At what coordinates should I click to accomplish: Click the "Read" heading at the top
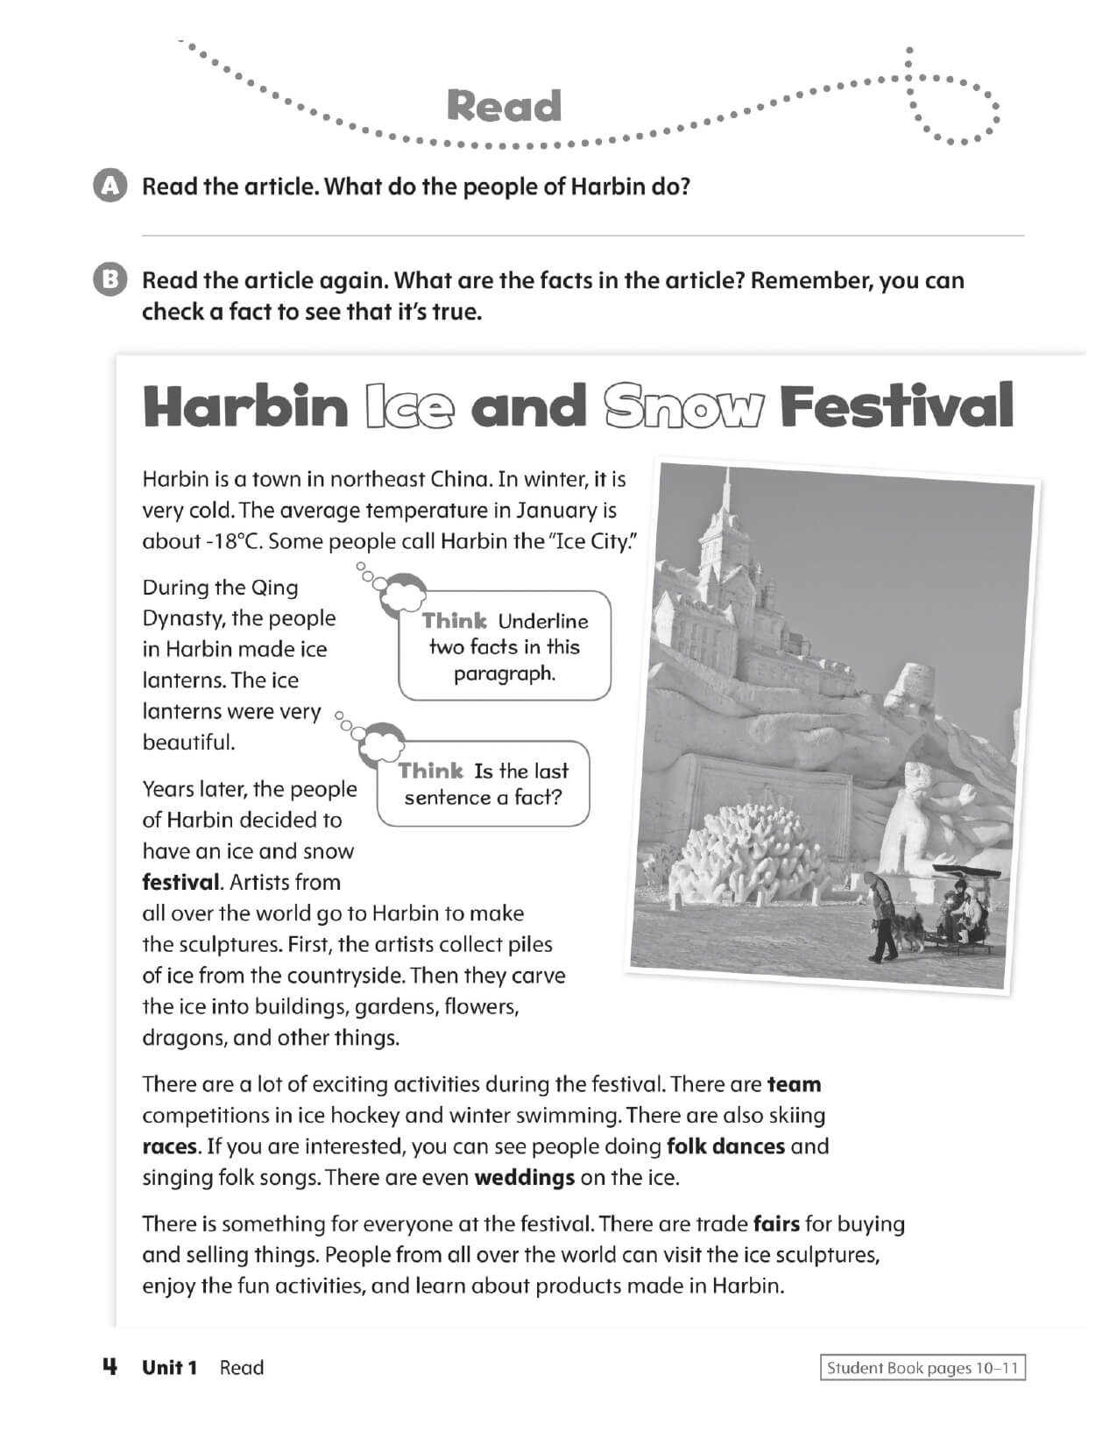(504, 106)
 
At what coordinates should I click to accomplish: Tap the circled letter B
(110, 280)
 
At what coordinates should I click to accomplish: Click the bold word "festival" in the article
(180, 882)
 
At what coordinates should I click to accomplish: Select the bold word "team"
(794, 1084)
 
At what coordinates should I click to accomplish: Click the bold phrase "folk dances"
(725, 1146)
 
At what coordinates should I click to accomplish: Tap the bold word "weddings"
(524, 1178)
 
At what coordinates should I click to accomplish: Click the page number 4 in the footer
(110, 1366)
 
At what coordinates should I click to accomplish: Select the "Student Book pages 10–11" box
(922, 1368)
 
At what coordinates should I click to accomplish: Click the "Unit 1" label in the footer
(170, 1368)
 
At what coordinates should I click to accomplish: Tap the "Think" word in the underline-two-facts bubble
(454, 621)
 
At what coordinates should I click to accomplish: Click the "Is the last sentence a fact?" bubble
(484, 784)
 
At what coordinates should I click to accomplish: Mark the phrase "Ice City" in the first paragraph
(590, 541)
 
